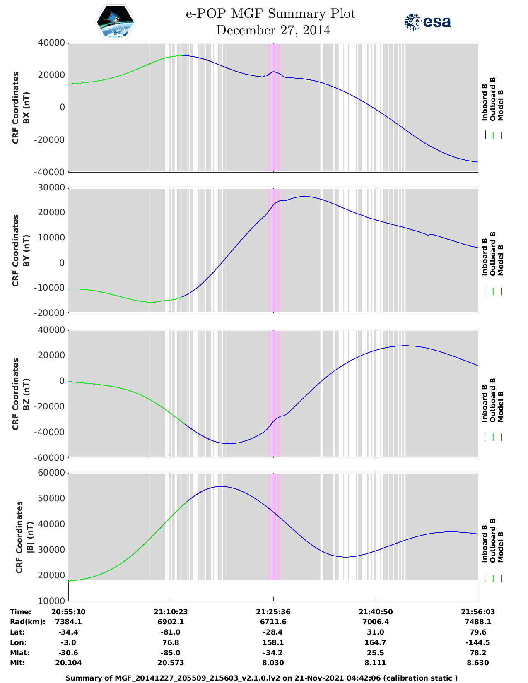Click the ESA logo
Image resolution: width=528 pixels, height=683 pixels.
coord(427,22)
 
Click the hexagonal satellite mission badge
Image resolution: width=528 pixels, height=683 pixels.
coord(116,22)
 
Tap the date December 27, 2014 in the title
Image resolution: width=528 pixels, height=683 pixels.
coord(273,30)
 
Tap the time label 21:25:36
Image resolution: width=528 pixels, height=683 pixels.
coord(273,612)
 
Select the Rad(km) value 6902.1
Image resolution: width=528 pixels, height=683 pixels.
coord(171,622)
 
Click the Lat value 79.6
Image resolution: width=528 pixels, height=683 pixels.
coord(478,632)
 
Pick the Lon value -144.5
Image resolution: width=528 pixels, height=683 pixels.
coord(478,642)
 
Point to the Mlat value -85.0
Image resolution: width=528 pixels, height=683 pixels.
coord(171,653)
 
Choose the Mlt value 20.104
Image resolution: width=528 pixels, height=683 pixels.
coord(68,663)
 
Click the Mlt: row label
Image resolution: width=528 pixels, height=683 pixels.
coord(17,663)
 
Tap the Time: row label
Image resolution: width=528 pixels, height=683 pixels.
coord(21,612)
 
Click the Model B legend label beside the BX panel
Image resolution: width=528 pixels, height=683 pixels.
coord(501,105)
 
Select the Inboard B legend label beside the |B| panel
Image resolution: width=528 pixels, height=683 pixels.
coord(485,544)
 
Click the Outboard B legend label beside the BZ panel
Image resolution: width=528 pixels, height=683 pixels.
coord(493,400)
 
